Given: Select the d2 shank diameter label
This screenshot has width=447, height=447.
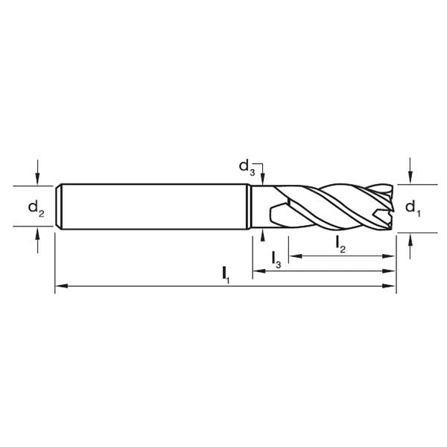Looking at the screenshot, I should (37, 208).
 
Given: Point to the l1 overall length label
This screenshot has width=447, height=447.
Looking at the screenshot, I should (226, 274).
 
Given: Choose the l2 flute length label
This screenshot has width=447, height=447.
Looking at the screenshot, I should (340, 242).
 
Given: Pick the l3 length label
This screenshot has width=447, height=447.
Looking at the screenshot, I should (276, 259).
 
